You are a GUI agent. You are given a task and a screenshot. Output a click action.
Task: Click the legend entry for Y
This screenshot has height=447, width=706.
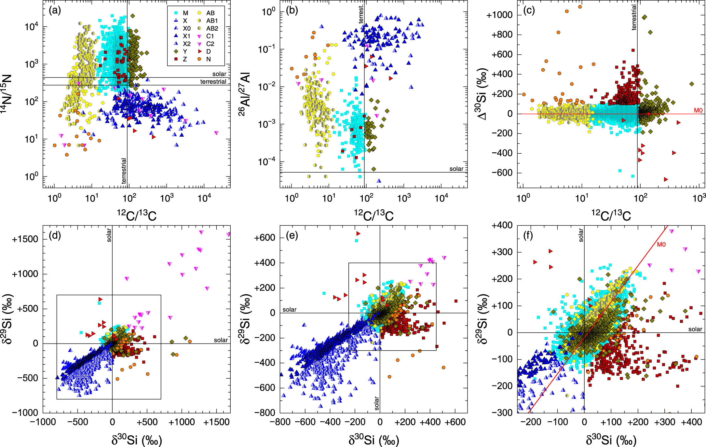[x=185, y=51]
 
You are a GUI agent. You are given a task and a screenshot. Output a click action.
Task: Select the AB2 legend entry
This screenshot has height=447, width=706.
[x=212, y=28]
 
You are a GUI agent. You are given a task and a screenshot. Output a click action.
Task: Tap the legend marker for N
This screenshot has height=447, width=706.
[x=199, y=59]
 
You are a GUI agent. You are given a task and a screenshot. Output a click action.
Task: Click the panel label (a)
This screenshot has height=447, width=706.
[x=55, y=10]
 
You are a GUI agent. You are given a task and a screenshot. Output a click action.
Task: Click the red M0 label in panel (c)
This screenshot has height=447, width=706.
[x=698, y=110]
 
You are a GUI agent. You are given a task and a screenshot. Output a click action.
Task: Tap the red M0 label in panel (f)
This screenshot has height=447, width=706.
[x=661, y=244]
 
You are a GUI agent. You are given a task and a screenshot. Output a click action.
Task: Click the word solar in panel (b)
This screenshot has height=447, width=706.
[x=456, y=169]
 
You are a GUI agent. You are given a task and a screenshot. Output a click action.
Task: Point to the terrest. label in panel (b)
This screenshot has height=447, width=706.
[x=361, y=14]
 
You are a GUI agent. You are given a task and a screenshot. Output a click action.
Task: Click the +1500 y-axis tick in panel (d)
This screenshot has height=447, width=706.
[x=25, y=239]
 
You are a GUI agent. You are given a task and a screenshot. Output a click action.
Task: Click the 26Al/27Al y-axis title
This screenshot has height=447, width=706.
[x=245, y=94]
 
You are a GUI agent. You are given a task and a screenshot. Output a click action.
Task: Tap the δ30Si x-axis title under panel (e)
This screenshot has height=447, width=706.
[x=373, y=440]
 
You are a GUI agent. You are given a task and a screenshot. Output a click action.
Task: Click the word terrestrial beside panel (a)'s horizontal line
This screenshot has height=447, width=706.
[x=213, y=82]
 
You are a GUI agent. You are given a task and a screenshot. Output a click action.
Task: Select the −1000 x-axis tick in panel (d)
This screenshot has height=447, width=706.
[x=43, y=422]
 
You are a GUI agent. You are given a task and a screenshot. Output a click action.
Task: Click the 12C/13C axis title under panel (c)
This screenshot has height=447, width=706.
[x=611, y=216]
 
